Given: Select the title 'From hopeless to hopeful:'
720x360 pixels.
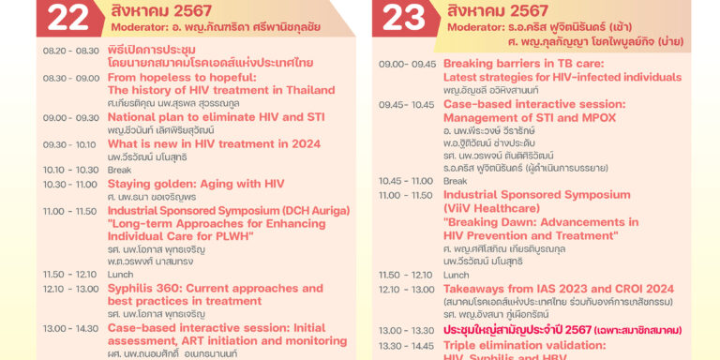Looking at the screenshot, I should click(177, 78).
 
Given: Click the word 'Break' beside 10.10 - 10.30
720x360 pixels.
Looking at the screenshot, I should click(119, 170).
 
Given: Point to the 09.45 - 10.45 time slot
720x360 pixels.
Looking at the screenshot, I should click(406, 104).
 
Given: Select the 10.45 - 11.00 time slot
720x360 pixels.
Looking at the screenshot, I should click(406, 181).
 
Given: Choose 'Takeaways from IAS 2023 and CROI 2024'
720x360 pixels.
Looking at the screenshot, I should click(559, 289).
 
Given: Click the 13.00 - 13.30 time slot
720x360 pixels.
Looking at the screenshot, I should click(406, 331).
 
